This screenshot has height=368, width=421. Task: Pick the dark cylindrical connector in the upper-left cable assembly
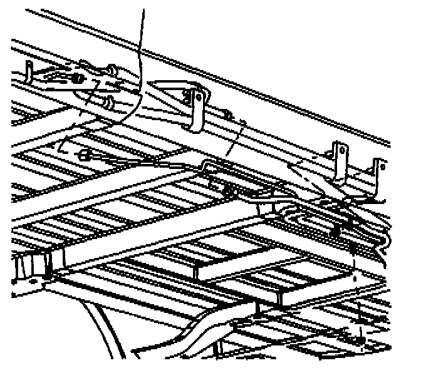point(76,79)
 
